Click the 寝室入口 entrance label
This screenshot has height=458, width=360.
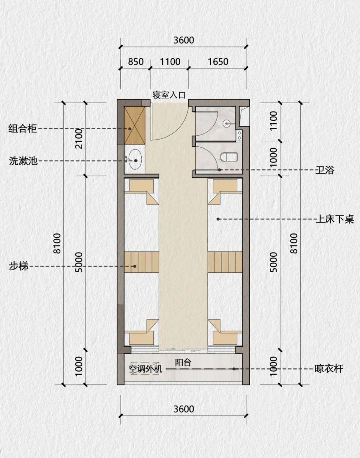[x=169, y=95]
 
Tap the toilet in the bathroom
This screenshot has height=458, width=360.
[x=228, y=157]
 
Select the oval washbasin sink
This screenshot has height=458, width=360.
[x=135, y=160]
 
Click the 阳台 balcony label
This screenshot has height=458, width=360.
[x=183, y=362]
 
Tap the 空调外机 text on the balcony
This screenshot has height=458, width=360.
[x=145, y=369]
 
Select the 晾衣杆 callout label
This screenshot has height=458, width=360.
[x=328, y=369]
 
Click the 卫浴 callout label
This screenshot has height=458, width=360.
[x=324, y=171]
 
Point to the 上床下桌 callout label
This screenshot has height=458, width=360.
[x=334, y=219]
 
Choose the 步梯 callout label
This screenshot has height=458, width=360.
[x=19, y=267]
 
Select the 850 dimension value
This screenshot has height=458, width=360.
[x=136, y=61]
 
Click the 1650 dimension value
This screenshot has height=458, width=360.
[x=217, y=61]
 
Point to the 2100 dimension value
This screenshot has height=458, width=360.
[x=78, y=138]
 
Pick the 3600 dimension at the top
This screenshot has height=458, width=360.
[x=184, y=40]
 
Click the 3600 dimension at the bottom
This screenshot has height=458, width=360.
[x=184, y=409]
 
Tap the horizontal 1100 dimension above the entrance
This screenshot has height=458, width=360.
[x=170, y=61]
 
